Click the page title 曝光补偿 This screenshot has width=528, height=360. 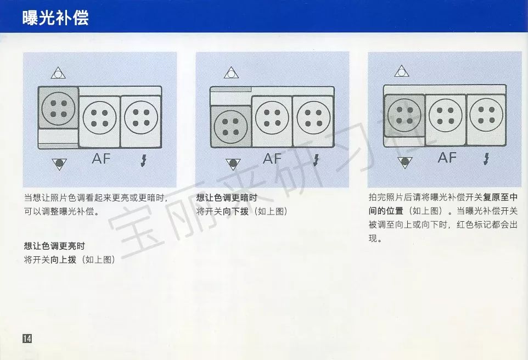[55, 18]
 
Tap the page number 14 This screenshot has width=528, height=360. [27, 338]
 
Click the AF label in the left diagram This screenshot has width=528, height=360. [101, 159]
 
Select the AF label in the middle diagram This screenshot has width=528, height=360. [272, 159]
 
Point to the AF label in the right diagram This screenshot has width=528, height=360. [447, 157]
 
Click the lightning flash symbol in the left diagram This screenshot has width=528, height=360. [144, 161]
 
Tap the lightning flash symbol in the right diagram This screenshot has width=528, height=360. [486, 159]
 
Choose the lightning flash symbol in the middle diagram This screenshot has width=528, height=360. [316, 160]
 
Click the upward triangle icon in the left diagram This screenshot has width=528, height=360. [58, 73]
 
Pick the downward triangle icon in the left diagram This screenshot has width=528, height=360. [59, 164]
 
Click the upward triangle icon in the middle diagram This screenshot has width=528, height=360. [231, 73]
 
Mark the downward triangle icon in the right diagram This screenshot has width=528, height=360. [405, 162]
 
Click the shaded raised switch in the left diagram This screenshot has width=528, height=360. [58, 108]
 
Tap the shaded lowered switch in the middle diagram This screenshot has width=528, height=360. [231, 127]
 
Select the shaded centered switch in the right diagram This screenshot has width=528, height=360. [405, 116]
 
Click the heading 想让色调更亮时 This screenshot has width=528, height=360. [54, 246]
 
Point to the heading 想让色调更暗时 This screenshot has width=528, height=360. [227, 198]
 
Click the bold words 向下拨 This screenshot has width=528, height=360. [235, 211]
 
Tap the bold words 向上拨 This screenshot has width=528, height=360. [63, 260]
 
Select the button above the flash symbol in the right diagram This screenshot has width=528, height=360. [486, 115]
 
